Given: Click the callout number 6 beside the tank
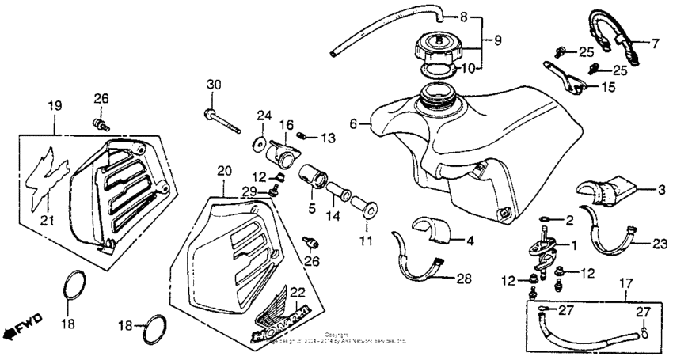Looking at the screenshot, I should (354, 123).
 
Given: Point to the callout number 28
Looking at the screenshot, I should (464, 279).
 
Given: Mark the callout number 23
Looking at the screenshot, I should (661, 245).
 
